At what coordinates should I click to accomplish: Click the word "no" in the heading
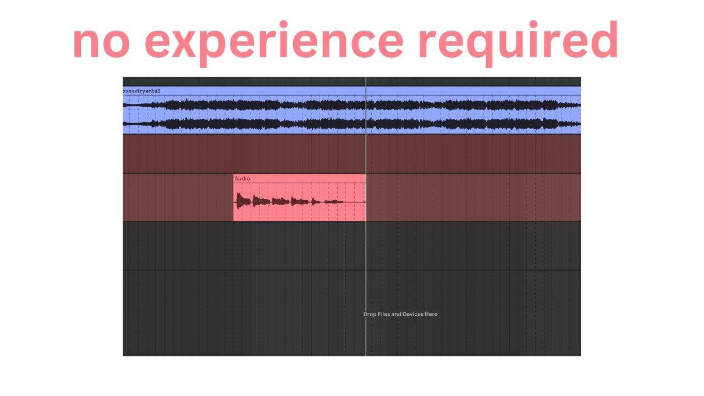pyautogui.click(x=101, y=42)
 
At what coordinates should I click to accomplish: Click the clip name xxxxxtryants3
pyautogui.click(x=141, y=91)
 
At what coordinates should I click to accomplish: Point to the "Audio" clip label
pyautogui.click(x=242, y=179)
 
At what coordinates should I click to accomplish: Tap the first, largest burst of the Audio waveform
pyautogui.click(x=242, y=201)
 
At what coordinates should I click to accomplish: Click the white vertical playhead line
pyautogui.click(x=366, y=248)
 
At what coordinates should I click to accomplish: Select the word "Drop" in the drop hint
pyautogui.click(x=370, y=314)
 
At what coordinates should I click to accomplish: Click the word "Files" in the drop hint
pyautogui.click(x=384, y=314)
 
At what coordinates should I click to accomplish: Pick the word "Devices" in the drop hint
pyautogui.click(x=413, y=314)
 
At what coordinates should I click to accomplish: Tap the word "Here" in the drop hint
pyautogui.click(x=431, y=314)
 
